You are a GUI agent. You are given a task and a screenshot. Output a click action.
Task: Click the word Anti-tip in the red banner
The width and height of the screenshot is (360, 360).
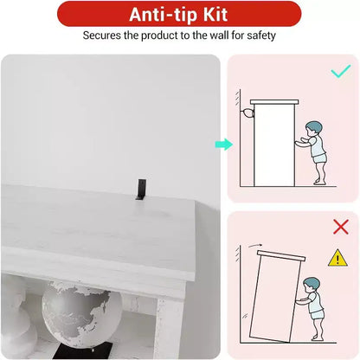coord(164,15)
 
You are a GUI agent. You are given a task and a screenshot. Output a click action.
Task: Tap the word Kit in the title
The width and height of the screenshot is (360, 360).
coord(215,14)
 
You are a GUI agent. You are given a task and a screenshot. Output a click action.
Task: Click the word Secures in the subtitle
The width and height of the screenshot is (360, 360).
coord(102,35)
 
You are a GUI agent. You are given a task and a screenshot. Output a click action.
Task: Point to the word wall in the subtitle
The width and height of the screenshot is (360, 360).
coord(219,35)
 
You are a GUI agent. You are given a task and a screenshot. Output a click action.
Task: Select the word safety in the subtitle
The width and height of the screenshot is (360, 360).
coord(261,35)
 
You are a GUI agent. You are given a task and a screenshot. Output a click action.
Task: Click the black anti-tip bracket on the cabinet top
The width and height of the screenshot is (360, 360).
coord(141,190)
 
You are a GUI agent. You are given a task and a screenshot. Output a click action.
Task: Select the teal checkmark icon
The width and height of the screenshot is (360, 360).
coord(341,71)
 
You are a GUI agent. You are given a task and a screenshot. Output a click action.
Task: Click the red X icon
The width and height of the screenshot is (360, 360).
coord(341,227)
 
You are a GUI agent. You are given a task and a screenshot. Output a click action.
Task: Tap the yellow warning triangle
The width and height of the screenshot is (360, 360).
coord(337,258)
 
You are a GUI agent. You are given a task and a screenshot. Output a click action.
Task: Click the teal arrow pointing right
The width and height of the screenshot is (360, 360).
coord(224,145)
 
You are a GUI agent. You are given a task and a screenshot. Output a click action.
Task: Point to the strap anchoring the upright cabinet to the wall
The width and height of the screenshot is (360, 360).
coord(247,112)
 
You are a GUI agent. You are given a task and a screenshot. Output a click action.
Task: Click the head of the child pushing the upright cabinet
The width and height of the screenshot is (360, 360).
coord(313,129)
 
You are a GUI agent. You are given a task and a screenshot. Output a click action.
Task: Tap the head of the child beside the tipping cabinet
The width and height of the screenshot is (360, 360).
coord(311,286)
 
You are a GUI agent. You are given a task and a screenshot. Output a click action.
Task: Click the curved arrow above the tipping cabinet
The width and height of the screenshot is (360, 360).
coord(255,246)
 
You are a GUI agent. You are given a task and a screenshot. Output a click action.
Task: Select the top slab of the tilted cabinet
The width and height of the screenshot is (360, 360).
coord(281,256)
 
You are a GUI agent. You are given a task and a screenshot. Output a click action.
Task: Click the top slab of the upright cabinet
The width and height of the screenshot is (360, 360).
coord(274,102)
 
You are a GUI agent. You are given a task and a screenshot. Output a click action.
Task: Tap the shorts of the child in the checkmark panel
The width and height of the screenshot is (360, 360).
coord(320,158)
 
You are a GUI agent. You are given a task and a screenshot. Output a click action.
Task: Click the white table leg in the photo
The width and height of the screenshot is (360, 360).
coord(170,327)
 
